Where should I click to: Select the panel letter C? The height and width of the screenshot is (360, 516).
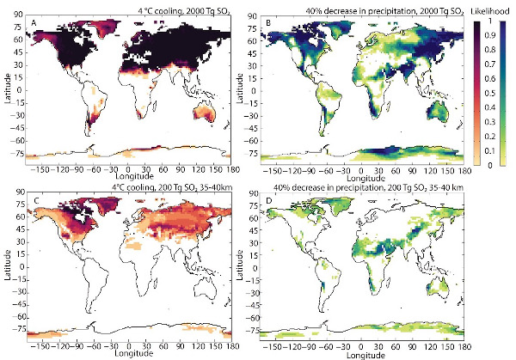coord(34,198)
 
